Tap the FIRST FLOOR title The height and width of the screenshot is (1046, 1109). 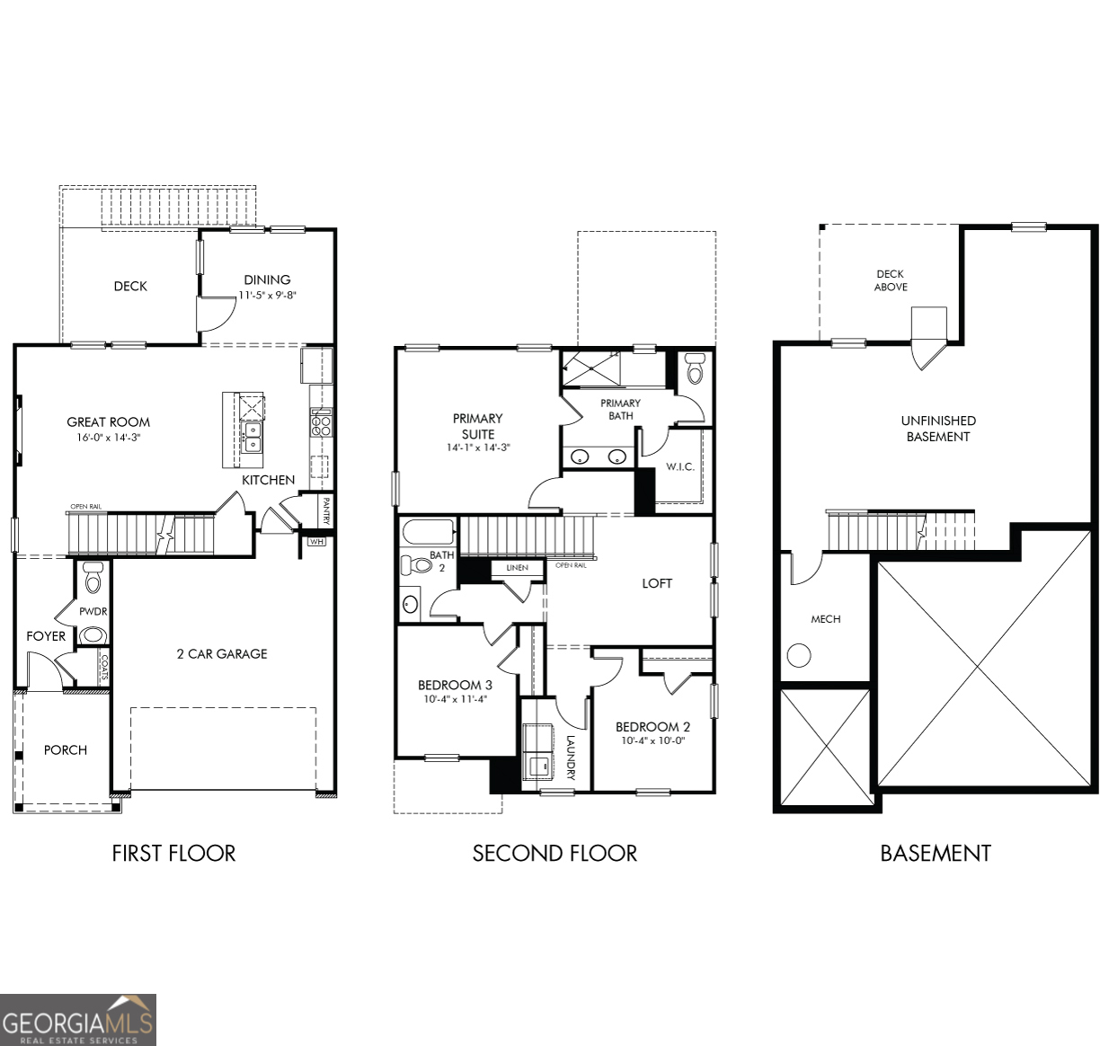(x=173, y=853)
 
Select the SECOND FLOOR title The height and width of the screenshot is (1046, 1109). (x=554, y=853)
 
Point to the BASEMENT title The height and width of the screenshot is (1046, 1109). (x=935, y=853)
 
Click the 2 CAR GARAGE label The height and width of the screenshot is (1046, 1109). (x=222, y=653)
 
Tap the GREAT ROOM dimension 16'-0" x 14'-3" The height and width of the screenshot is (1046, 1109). (x=108, y=438)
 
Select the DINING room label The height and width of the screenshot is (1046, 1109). (x=267, y=279)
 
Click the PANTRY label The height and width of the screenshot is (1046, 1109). (x=325, y=511)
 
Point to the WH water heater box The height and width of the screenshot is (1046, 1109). (x=316, y=541)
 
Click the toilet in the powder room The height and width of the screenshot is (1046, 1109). (x=93, y=580)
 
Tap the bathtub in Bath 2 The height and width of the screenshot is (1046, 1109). (x=428, y=531)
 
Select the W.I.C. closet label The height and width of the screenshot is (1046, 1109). (x=679, y=466)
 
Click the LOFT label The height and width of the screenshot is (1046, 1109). (x=657, y=583)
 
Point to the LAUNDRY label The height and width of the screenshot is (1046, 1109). (x=570, y=758)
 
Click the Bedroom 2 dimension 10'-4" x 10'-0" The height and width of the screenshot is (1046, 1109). (x=652, y=741)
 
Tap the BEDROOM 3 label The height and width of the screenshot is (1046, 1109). (x=455, y=685)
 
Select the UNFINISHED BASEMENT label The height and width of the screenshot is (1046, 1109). (x=938, y=429)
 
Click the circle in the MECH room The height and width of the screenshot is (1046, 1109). (x=797, y=655)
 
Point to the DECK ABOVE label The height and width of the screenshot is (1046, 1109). (x=891, y=280)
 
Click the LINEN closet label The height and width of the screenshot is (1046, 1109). (x=517, y=568)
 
